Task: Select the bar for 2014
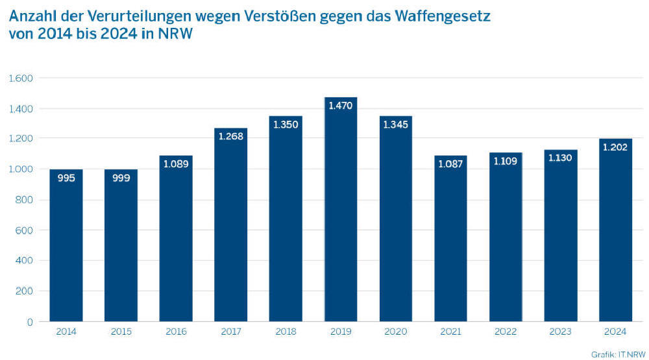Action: [x=66, y=246]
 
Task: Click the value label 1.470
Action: [x=341, y=105]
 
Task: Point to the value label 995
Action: [x=66, y=177]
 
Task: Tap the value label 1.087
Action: [x=451, y=163]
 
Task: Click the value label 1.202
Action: [x=615, y=147]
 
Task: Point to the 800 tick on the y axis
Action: [x=25, y=200]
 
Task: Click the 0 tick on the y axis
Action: [x=29, y=322]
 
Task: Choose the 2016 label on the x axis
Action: [x=176, y=332]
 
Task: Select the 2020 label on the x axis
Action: [x=395, y=332]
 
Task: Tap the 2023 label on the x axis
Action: [x=560, y=332]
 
